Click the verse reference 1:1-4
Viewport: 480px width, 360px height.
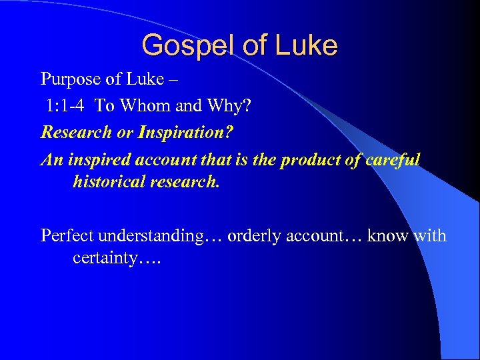tap(65, 105)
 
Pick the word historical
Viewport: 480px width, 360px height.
tap(111, 181)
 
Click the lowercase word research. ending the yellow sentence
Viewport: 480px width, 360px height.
tap(187, 181)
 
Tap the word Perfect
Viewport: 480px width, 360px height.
tap(67, 235)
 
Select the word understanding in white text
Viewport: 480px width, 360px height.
tap(150, 236)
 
